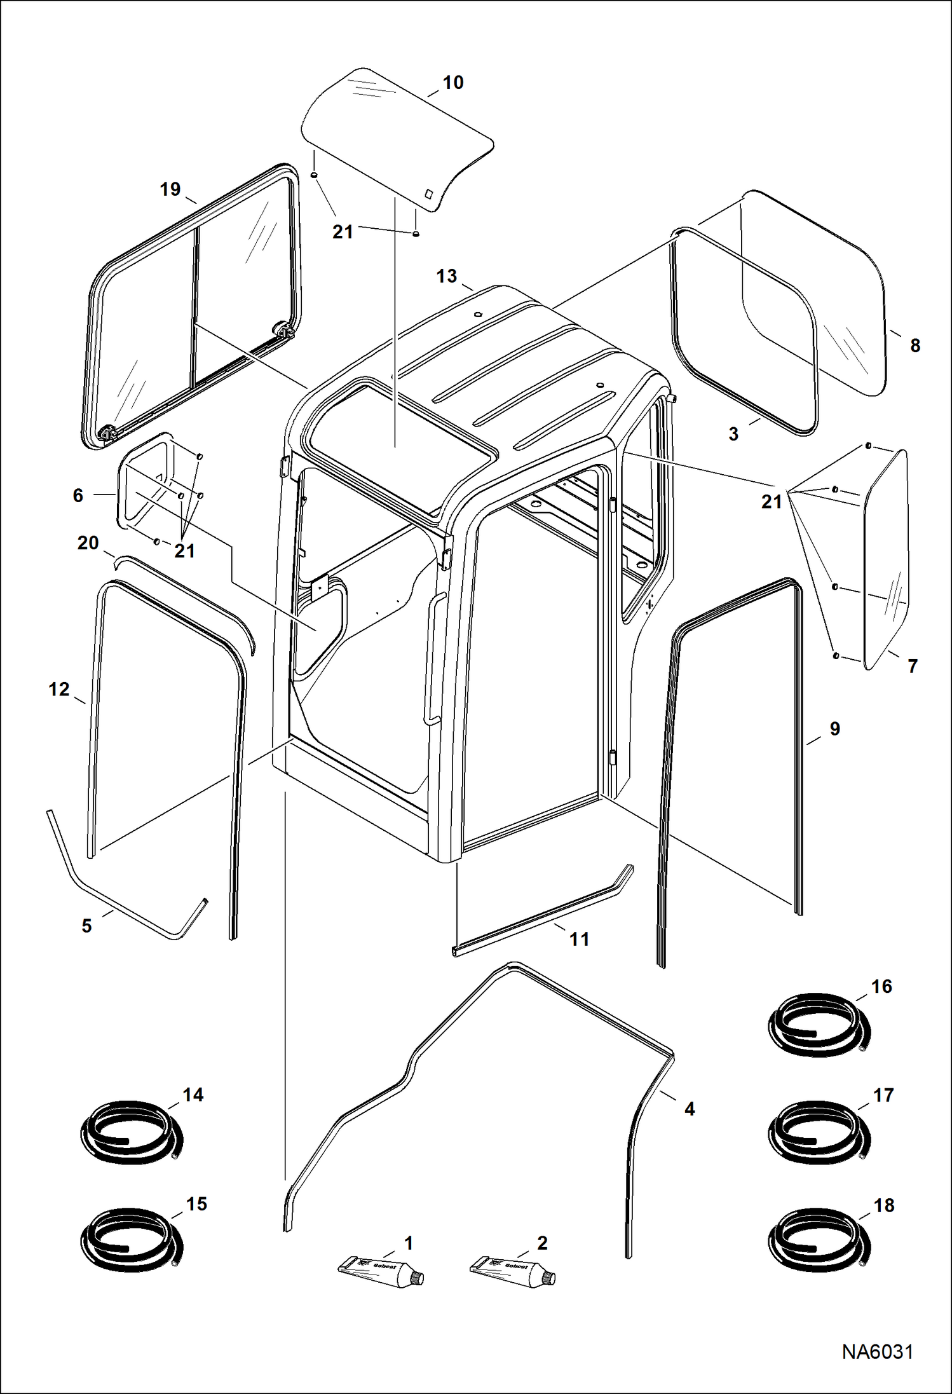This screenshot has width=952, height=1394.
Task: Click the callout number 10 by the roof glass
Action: pyautogui.click(x=452, y=83)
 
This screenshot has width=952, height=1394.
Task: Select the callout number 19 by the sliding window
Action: pyautogui.click(x=170, y=189)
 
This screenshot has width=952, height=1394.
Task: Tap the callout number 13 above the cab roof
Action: pyautogui.click(x=446, y=277)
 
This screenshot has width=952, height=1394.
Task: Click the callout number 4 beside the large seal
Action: pyautogui.click(x=690, y=1109)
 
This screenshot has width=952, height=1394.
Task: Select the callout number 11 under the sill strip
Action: pyautogui.click(x=579, y=939)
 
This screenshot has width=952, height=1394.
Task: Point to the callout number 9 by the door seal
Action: pyautogui.click(x=834, y=729)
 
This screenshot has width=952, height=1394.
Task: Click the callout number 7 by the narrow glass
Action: pyautogui.click(x=913, y=666)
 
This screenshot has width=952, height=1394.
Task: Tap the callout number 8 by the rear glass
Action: pyautogui.click(x=915, y=346)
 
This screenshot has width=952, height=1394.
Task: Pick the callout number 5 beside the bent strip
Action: pyautogui.click(x=87, y=926)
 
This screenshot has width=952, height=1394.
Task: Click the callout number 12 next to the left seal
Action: pyautogui.click(x=59, y=689)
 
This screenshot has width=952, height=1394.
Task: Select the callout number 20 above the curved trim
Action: pyautogui.click(x=88, y=543)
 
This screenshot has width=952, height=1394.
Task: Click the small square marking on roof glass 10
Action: pyautogui.click(x=429, y=194)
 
